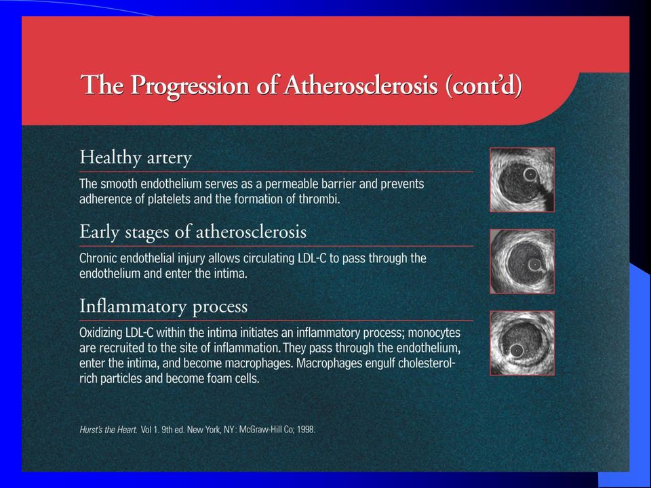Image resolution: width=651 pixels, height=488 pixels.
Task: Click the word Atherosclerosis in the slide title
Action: click(361, 85)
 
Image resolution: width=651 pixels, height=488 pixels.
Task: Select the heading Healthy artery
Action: click(136, 158)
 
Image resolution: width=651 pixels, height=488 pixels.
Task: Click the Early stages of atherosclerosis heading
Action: click(193, 232)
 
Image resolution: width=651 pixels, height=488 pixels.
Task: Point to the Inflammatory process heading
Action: click(163, 306)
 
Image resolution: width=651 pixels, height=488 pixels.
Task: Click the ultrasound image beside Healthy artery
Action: click(522, 180)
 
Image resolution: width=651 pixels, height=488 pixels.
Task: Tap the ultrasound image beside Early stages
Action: click(522, 262)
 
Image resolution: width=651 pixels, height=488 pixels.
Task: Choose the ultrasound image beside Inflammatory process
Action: click(522, 343)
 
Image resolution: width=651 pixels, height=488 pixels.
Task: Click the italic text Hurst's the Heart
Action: click(108, 430)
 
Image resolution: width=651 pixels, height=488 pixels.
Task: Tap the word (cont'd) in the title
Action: click(484, 86)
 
